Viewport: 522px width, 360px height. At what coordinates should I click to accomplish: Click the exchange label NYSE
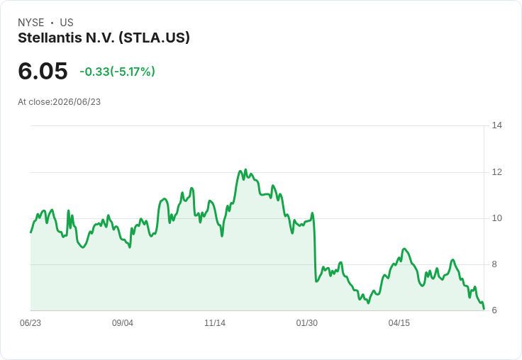[31, 23]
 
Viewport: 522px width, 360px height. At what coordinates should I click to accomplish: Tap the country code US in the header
[67, 23]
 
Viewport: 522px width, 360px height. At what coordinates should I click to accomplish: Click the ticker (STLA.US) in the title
[154, 38]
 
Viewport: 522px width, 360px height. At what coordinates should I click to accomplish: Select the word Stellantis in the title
[50, 38]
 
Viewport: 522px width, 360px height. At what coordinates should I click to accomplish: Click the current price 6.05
[43, 71]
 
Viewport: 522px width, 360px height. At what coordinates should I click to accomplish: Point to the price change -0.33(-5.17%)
[117, 72]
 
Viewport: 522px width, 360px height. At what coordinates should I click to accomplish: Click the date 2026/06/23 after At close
[77, 102]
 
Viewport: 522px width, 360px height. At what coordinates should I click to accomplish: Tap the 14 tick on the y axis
[496, 125]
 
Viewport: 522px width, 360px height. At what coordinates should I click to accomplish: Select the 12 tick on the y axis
[496, 172]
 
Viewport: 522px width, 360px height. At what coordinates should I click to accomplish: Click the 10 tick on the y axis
[496, 218]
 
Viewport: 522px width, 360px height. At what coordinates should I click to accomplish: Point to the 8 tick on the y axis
[494, 264]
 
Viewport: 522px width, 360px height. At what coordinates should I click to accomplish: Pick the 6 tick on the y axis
[494, 310]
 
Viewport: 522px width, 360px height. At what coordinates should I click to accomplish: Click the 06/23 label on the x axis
[30, 323]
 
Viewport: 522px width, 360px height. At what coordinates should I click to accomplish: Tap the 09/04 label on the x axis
[123, 323]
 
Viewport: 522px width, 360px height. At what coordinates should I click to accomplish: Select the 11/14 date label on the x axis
[215, 323]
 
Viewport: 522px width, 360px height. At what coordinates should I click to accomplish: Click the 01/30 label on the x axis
[307, 323]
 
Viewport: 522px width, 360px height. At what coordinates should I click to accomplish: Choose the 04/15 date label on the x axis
[399, 323]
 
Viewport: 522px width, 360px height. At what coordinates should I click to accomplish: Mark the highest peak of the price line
[245, 169]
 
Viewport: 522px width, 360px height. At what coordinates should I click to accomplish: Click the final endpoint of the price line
[484, 309]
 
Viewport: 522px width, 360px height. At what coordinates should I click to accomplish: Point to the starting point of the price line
[30, 232]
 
